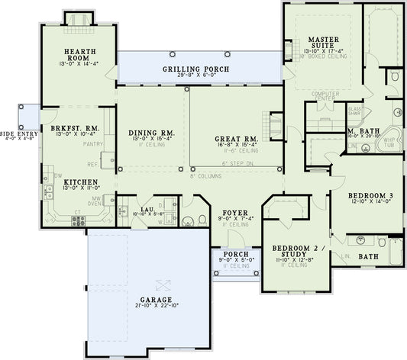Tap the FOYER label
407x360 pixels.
[x=232, y=213]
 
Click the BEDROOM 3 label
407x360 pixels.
[x=370, y=196]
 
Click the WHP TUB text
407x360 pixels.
[x=389, y=143]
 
